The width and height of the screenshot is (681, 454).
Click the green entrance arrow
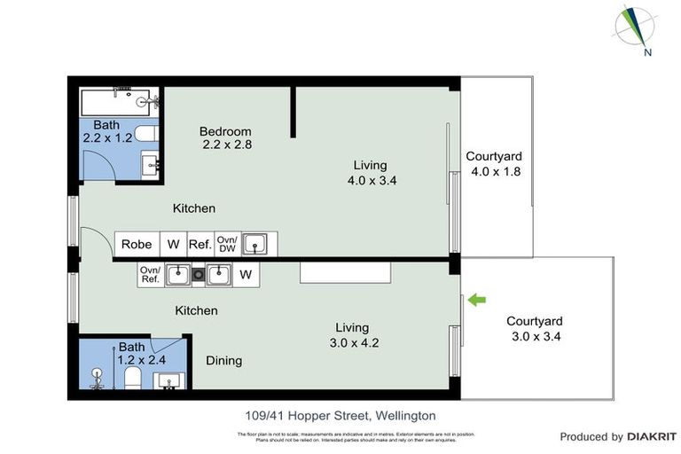point(477,301)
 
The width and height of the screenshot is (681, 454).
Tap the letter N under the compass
point(649,52)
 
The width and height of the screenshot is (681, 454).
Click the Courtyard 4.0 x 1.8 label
point(498,165)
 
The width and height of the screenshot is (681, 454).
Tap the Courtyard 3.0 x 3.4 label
point(535,329)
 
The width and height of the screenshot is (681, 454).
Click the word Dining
point(223,361)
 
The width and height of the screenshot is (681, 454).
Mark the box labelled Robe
point(137,245)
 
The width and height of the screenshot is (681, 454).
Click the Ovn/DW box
point(227,245)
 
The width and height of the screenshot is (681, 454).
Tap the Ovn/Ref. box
point(150,275)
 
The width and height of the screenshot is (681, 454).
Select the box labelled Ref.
point(199,245)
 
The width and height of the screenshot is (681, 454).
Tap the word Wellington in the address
point(405,415)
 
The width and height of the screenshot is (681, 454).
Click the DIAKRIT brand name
point(652,436)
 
